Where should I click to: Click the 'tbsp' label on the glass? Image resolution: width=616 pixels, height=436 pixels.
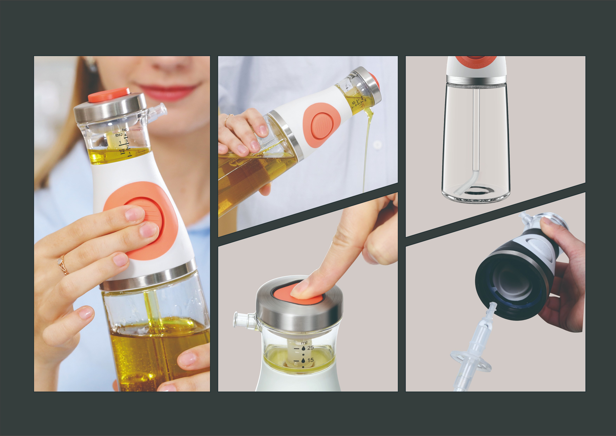coord(119,135)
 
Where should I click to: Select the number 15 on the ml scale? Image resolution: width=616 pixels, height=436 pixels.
coord(310,360)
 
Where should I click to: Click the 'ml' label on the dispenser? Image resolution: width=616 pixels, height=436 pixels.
coord(304,343)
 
